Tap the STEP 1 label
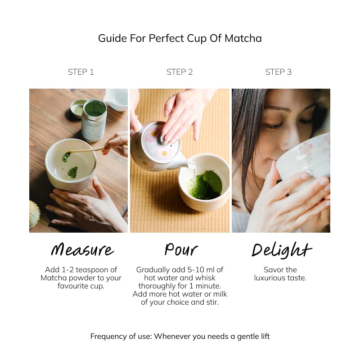point(81,72)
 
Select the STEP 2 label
point(180,72)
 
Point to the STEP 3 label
point(279,72)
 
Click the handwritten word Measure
point(82,249)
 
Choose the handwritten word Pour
point(181,249)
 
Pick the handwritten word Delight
point(281,249)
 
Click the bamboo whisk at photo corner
point(34,215)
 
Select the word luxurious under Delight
point(270,278)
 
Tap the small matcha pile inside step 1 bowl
point(72,172)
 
